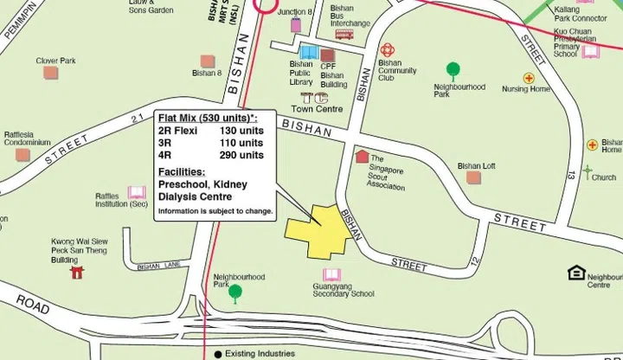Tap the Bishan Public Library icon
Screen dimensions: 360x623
[x=308, y=53]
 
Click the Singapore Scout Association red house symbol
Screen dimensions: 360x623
[x=362, y=157]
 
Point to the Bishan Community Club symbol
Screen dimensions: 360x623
[x=387, y=50]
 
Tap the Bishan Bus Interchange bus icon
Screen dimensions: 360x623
[x=344, y=34]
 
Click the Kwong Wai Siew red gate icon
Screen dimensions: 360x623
[x=77, y=273]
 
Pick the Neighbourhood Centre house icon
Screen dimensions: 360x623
[x=575, y=273]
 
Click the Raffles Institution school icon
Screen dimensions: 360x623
[x=137, y=192]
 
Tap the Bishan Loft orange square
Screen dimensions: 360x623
[x=473, y=177]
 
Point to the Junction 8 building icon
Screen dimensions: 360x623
[x=296, y=24]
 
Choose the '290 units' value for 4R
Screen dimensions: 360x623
[x=241, y=155]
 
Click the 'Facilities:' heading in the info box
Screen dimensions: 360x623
[x=182, y=171]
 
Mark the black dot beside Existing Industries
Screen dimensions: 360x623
[x=217, y=354]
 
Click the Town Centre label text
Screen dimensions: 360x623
[x=317, y=109]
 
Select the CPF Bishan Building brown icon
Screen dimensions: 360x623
[x=327, y=55]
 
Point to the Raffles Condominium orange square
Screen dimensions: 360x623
[x=22, y=155]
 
